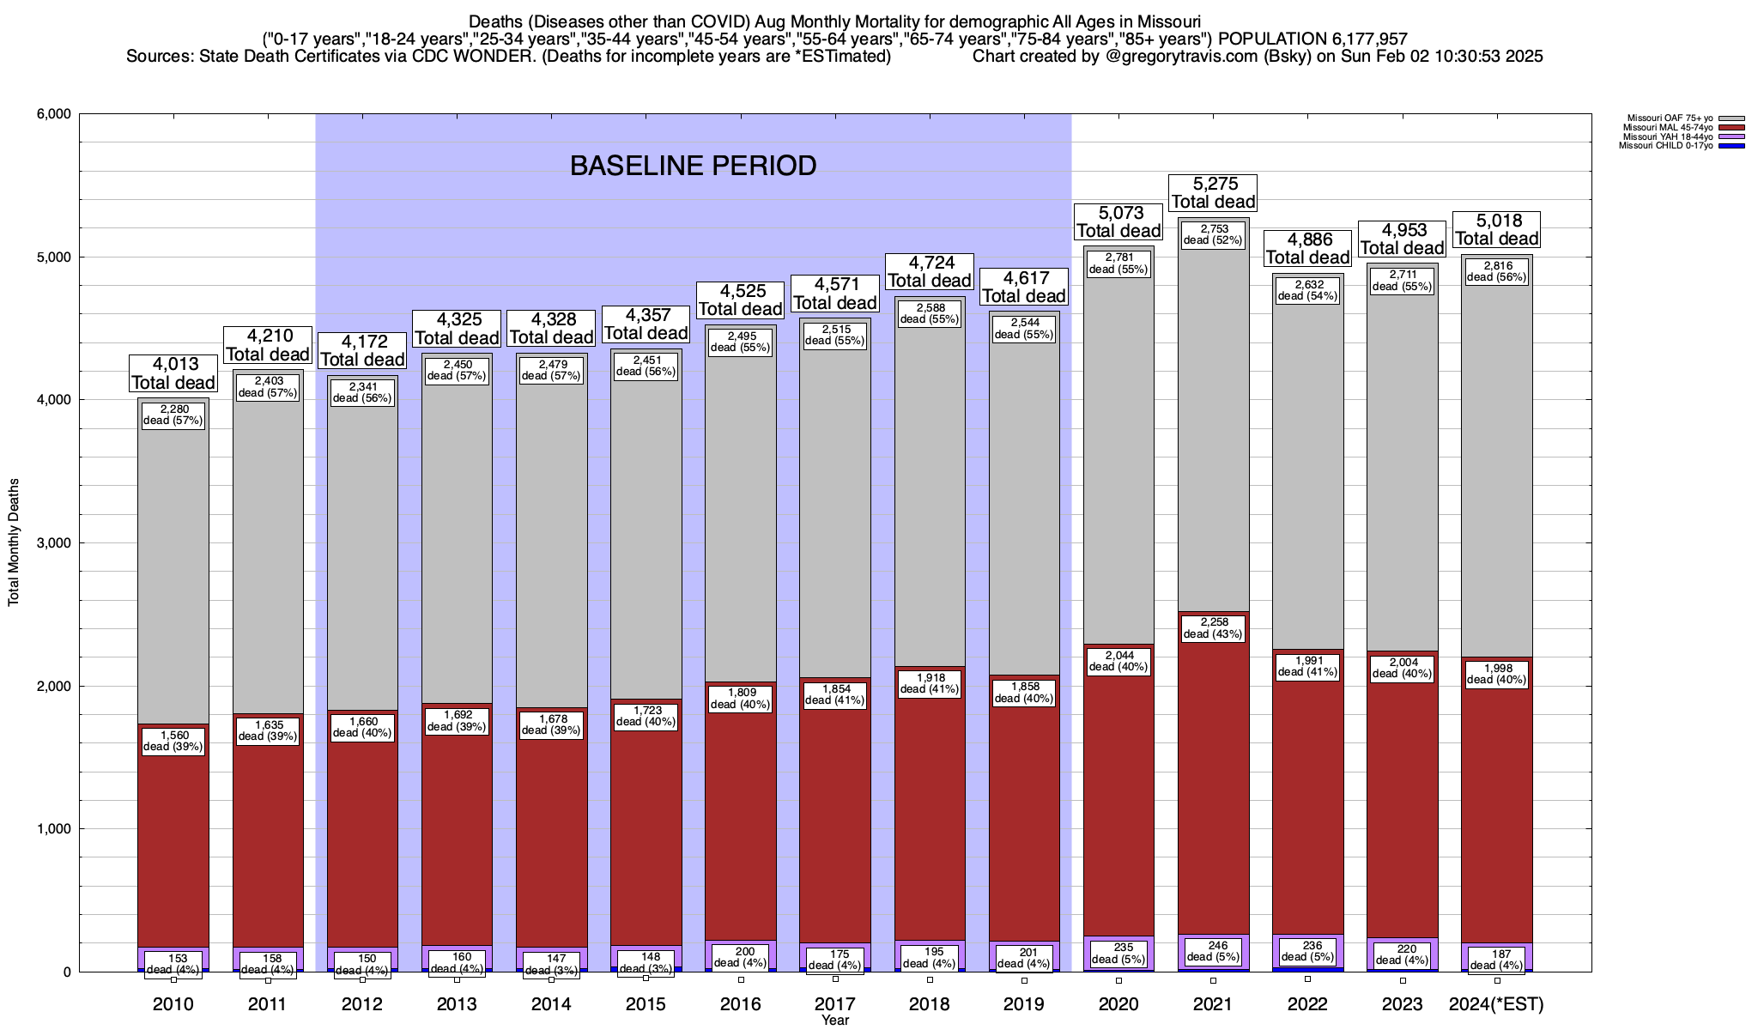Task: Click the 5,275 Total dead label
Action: pyautogui.click(x=1213, y=193)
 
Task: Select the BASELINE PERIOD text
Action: pyautogui.click(x=693, y=166)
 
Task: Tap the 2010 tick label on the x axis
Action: pyautogui.click(x=173, y=1004)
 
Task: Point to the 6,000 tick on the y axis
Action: pyautogui.click(x=52, y=114)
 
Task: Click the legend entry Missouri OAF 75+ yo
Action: pyautogui.click(x=1664, y=118)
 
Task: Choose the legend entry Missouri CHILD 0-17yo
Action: pyautogui.click(x=1664, y=146)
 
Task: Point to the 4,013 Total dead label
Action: pyautogui.click(x=173, y=373)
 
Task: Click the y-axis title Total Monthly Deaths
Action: pyautogui.click(x=14, y=542)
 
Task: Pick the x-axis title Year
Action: pyautogui.click(x=834, y=1021)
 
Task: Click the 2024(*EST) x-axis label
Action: pyautogui.click(x=1496, y=1004)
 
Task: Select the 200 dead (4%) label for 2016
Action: pyautogui.click(x=740, y=957)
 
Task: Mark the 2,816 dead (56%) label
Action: pyautogui.click(x=1496, y=271)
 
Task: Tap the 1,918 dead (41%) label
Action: pyautogui.click(x=930, y=683)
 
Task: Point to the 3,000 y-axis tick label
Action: pyautogui.click(x=52, y=542)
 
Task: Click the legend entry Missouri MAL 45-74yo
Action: pyautogui.click(x=1664, y=128)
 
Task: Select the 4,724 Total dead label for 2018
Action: pyautogui.click(x=930, y=271)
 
